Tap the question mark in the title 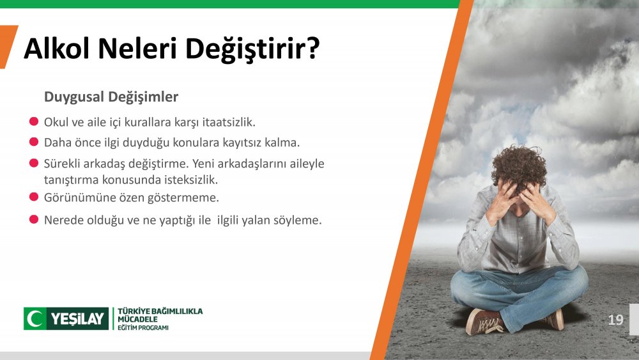pos(312,48)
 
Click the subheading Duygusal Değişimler pos(111,97)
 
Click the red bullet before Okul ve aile pos(34,121)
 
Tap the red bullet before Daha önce pos(34,142)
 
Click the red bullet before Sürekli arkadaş pos(34,163)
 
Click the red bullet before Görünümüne pos(34,197)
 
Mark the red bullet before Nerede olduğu pos(34,219)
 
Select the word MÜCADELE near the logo pos(137,319)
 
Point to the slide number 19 pos(615,320)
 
